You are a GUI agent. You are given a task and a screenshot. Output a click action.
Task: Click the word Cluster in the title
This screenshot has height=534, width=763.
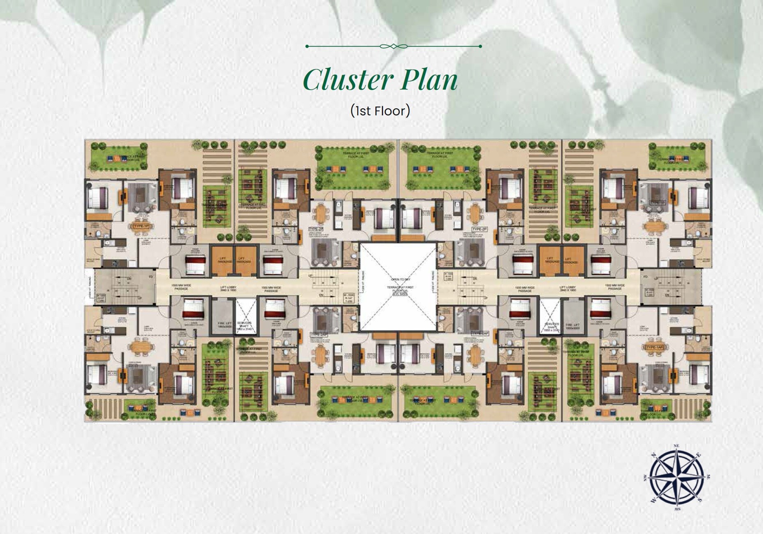point(343,80)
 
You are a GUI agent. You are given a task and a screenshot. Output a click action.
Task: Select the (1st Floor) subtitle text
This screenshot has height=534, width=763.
point(380,110)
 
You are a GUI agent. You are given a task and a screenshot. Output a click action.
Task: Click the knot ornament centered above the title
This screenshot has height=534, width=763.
point(393,46)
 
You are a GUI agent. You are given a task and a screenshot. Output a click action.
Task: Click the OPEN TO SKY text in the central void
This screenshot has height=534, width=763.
point(397,279)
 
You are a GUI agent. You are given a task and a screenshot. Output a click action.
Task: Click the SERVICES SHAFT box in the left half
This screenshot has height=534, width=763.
point(246,317)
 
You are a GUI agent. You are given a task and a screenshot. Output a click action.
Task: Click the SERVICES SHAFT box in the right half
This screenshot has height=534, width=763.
point(550,317)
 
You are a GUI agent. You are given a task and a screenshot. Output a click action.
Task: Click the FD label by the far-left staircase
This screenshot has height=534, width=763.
point(151,277)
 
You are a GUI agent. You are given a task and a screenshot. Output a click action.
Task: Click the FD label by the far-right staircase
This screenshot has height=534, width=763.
point(645,277)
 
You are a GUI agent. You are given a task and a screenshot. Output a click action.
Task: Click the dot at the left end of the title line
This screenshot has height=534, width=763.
point(307,46)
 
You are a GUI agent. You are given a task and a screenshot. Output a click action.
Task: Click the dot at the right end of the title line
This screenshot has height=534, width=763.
point(480,46)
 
